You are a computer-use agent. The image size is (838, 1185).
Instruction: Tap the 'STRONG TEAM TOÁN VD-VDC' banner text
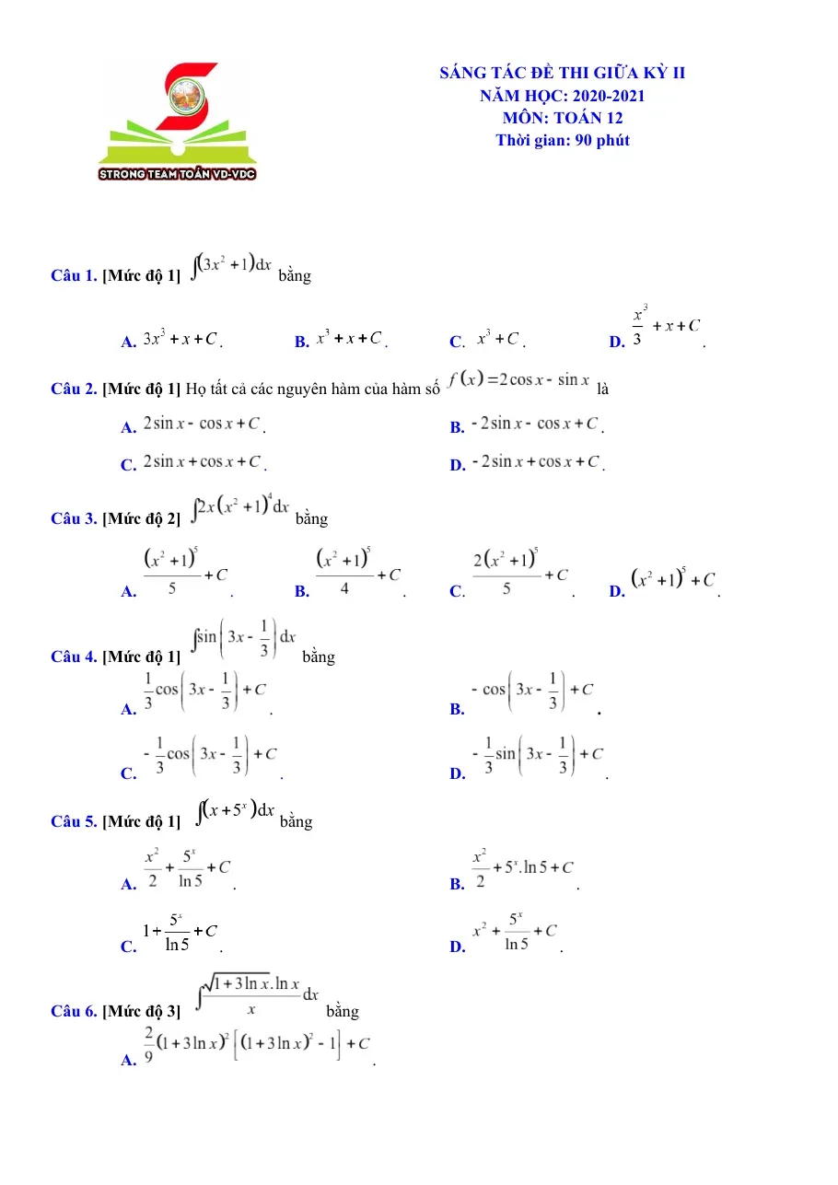coord(177,174)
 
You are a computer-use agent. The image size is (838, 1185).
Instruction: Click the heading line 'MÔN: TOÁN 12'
coord(563,118)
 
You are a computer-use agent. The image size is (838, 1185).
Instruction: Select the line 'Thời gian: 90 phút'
coord(563,140)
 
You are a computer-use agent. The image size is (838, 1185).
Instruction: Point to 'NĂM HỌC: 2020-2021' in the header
coord(563,96)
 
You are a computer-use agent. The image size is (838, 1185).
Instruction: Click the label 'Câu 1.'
coord(74,275)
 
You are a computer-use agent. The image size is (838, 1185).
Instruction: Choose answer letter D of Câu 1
coord(617,342)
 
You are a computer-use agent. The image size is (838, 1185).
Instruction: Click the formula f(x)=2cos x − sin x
coord(518,379)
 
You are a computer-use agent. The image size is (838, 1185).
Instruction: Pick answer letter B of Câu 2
coord(457,427)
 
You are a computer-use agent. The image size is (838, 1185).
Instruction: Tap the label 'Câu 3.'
coord(74,518)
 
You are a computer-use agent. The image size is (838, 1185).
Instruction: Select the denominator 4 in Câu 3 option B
coord(344,588)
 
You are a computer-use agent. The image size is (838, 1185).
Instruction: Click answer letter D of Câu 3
coord(617,591)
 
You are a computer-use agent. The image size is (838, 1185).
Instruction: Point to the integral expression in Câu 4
coord(244,637)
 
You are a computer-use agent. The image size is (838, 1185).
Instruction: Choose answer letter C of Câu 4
coord(129,773)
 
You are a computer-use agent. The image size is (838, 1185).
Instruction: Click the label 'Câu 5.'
coord(74,821)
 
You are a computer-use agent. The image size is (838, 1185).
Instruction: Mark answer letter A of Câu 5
coord(129,884)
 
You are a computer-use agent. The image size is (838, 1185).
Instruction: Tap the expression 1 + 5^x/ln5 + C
coord(180,932)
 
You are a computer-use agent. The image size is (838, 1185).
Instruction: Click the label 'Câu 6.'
coord(74,1011)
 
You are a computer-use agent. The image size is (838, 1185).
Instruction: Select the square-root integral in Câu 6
coord(257,994)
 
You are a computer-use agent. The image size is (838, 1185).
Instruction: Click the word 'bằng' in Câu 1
coord(295,275)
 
